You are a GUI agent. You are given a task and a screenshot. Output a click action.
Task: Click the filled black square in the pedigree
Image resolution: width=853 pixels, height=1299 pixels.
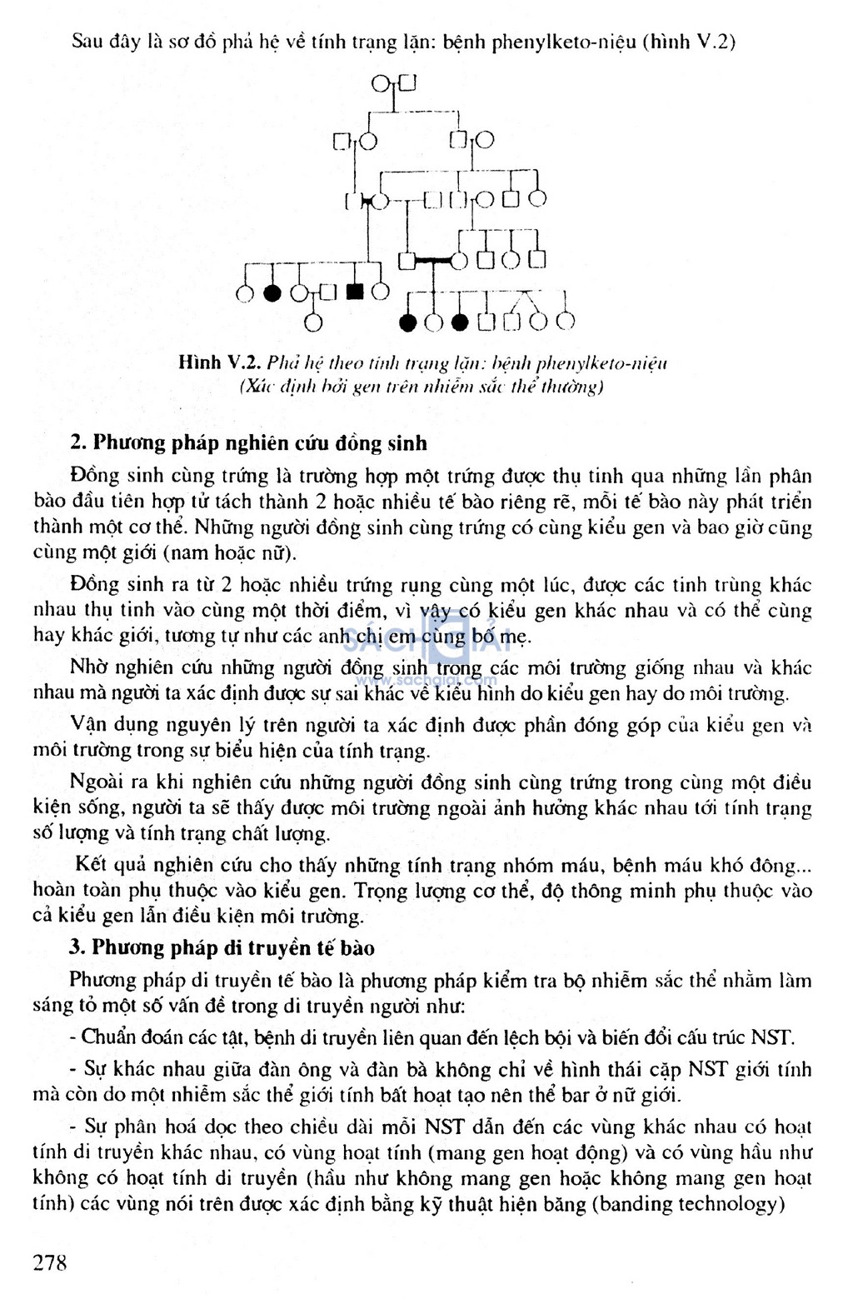click(x=355, y=292)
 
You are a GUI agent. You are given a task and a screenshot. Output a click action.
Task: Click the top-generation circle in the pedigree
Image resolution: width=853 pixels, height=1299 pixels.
click(x=380, y=83)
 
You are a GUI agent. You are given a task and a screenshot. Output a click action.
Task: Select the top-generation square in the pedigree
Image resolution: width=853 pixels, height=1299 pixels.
click(x=407, y=82)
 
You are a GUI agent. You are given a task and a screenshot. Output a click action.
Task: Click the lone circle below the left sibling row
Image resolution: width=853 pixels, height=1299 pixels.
click(x=313, y=321)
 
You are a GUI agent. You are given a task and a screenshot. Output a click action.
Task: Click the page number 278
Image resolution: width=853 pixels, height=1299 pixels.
click(x=50, y=1262)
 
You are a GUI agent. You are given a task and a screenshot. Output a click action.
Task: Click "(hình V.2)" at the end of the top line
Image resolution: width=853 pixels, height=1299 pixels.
click(x=689, y=41)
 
